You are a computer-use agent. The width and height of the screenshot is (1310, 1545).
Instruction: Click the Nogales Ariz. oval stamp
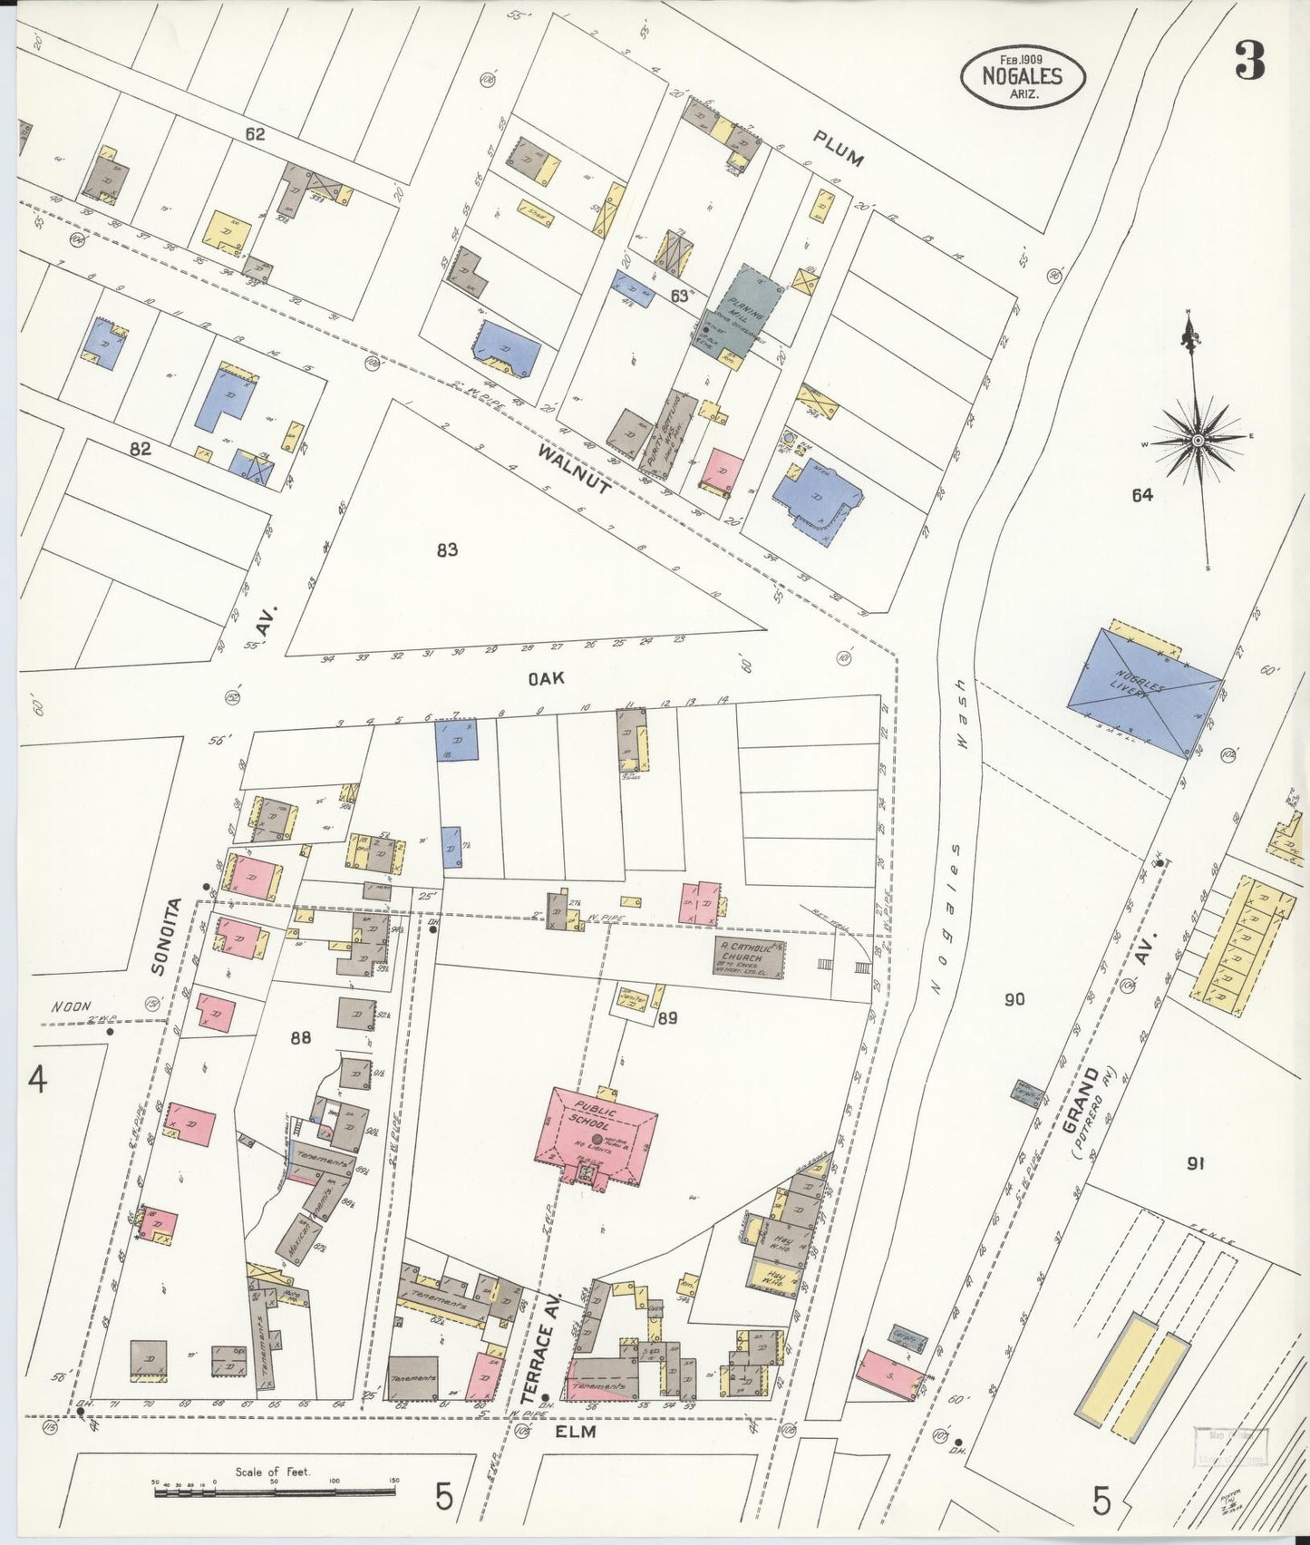click(x=1022, y=76)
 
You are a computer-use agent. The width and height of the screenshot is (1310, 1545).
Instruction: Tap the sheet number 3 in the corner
click(x=1249, y=62)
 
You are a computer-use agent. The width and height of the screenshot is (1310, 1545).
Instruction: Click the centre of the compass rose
click(x=1198, y=440)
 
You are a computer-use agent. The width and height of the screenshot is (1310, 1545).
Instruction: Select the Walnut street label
click(x=573, y=467)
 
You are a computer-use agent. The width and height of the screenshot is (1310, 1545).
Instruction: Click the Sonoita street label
click(x=167, y=937)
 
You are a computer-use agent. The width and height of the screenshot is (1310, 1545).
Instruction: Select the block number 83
click(x=447, y=549)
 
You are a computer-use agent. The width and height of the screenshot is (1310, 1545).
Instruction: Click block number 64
click(x=1141, y=495)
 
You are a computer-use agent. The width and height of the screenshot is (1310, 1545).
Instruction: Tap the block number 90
click(x=1014, y=999)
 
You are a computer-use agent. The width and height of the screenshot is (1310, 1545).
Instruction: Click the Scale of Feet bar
click(x=272, y=1488)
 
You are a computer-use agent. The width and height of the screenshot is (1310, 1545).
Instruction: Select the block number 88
click(x=300, y=1037)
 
